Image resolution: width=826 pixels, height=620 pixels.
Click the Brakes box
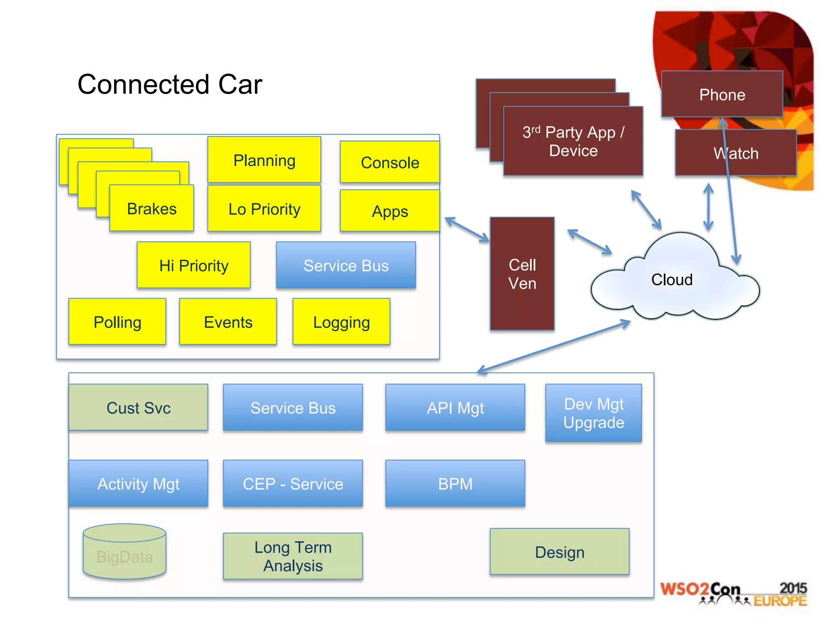[152, 208]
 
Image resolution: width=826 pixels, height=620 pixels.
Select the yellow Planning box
[264, 160]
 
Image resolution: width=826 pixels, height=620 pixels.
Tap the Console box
[390, 162]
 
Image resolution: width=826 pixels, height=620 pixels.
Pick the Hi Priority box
[194, 265]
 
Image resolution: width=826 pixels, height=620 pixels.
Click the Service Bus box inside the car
[346, 265]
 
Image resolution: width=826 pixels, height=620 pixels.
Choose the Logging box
[341, 322]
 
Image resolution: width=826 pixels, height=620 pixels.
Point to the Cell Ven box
[522, 274]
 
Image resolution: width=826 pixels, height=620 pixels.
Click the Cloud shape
[672, 279]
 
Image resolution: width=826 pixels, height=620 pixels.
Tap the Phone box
[722, 94]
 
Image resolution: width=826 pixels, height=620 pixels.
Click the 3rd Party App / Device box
[573, 141]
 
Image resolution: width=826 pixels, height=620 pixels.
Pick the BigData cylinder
[124, 552]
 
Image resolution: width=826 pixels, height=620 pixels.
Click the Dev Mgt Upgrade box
[593, 413]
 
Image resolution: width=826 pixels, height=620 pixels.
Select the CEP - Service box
[293, 483]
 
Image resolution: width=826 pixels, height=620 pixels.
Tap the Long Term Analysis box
[293, 556]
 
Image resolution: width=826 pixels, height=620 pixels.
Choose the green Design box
[559, 552]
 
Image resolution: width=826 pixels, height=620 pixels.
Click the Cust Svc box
[138, 407]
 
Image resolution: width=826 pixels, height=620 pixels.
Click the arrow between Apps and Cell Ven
[467, 230]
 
